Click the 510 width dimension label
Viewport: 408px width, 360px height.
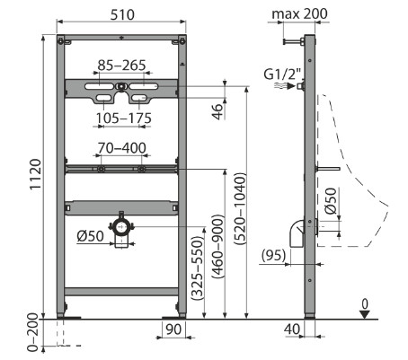click(x=122, y=14)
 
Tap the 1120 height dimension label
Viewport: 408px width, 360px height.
click(x=35, y=174)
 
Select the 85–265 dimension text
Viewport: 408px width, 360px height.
click(x=122, y=66)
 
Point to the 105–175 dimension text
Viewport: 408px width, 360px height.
click(x=124, y=119)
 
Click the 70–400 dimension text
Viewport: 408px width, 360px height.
click(x=122, y=148)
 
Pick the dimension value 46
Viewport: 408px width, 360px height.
click(x=218, y=111)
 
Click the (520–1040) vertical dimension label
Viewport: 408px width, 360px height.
click(x=241, y=208)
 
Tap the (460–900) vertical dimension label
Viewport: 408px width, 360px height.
click(x=218, y=246)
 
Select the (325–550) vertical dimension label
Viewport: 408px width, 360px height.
click(x=198, y=268)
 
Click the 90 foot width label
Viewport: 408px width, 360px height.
click(x=173, y=329)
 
